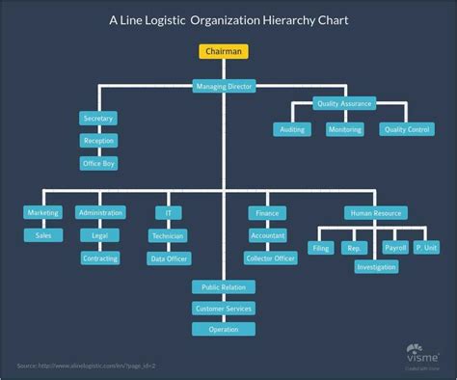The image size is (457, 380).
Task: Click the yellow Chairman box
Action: pos(224,51)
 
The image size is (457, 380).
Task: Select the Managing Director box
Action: pos(224,87)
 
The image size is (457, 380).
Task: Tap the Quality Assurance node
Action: pos(344,103)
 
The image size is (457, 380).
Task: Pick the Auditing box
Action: pos(291,129)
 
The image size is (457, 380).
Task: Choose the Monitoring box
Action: pos(344,129)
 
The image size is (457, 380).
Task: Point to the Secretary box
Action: pos(98,118)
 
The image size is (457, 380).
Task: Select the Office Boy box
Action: pos(98,164)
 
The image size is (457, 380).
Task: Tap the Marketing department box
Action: pos(42,212)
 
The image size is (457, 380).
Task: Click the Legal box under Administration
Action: pos(99,235)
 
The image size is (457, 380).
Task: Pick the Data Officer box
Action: pos(168,258)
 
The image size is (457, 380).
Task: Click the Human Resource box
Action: pos(374,212)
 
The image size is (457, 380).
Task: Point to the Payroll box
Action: pos(395,248)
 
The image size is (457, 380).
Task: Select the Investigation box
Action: pos(375,266)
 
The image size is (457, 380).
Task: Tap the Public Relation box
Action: pos(224,286)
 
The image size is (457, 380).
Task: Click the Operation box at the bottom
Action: pos(224,329)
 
